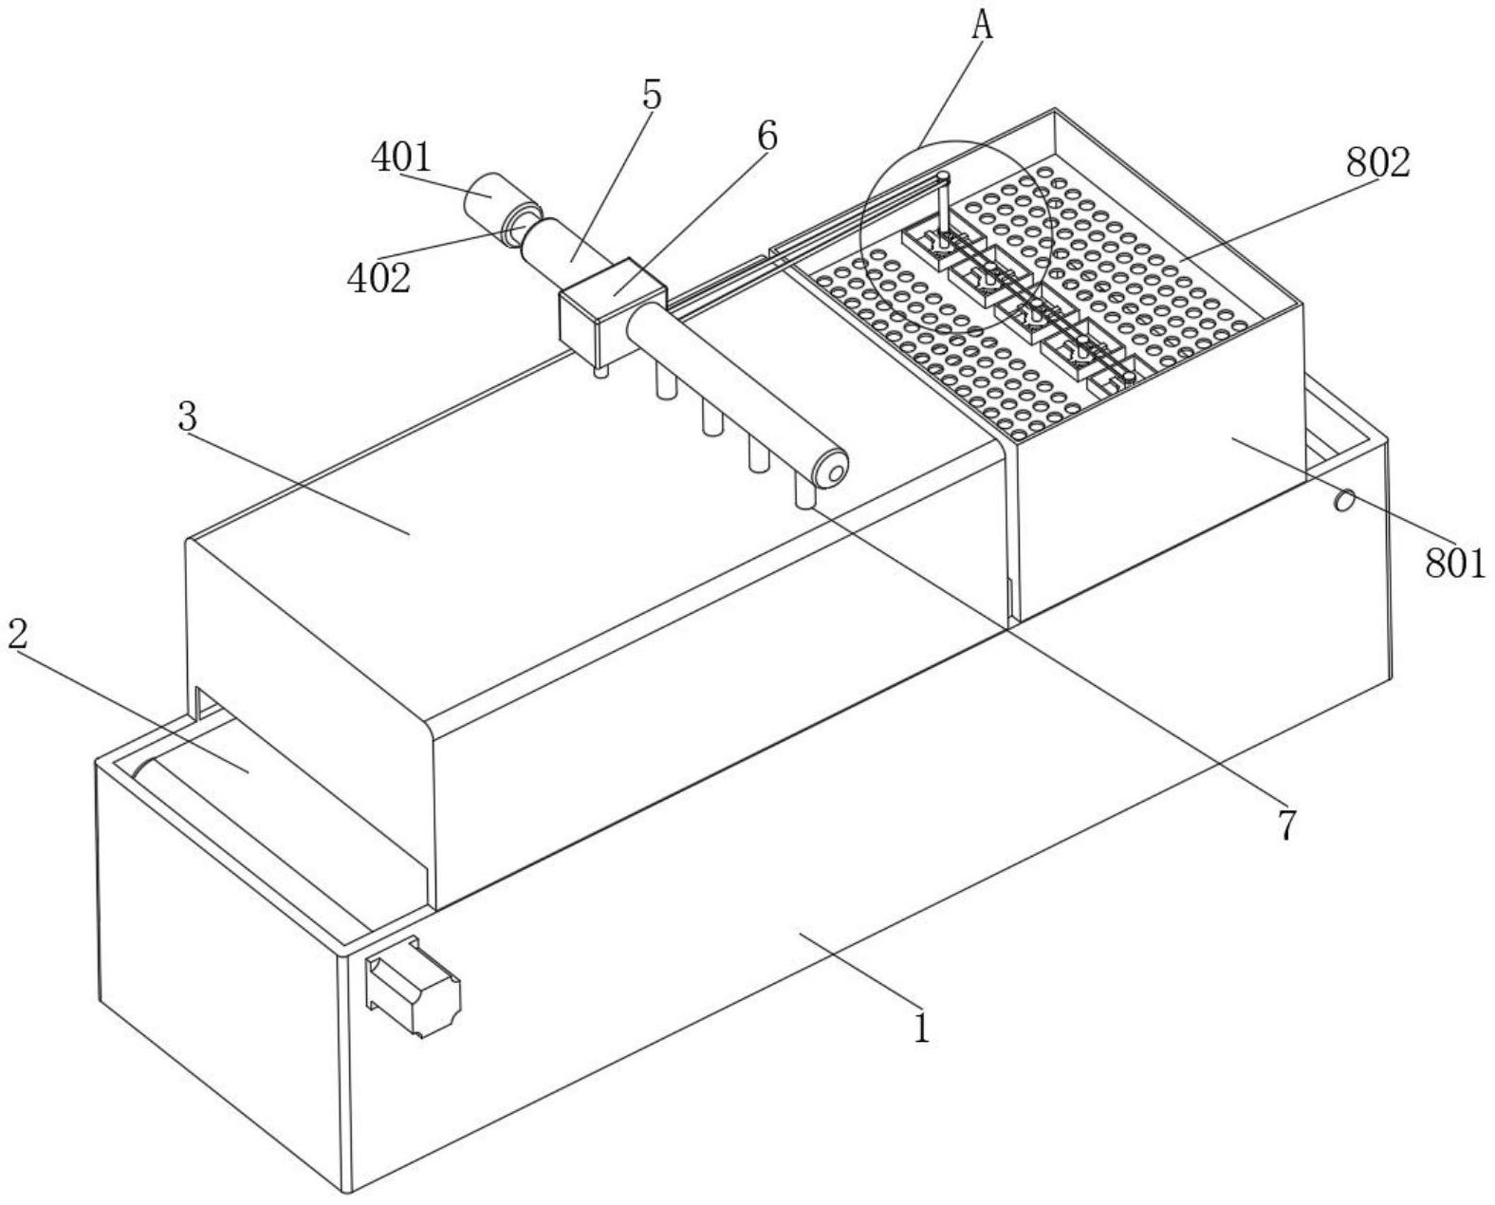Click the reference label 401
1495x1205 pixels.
401,158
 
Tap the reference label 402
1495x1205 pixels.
378,279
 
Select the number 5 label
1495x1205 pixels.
651,95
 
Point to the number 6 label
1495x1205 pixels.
767,136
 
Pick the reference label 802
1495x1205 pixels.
1378,163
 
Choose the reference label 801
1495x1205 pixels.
1455,564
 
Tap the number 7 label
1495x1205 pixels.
1286,825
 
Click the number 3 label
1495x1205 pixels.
188,417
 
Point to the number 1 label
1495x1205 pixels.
921,1028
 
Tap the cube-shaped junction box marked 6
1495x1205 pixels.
610,309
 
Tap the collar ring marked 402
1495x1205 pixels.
522,226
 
